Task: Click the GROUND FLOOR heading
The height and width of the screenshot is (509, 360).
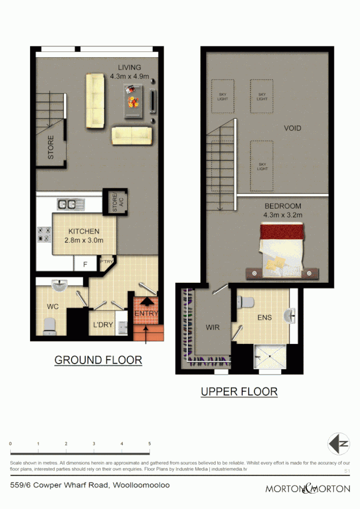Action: [98, 360]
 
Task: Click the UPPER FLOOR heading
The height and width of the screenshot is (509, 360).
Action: [239, 391]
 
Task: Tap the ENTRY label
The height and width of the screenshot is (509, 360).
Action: [145, 314]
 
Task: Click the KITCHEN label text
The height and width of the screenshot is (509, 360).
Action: [84, 231]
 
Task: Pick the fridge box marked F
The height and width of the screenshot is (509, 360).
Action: [85, 264]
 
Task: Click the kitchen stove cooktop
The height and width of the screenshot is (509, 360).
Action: [44, 234]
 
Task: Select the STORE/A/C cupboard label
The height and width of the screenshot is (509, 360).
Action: [115, 202]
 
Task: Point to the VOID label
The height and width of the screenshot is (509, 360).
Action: [292, 128]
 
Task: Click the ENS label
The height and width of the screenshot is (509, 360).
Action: [264, 318]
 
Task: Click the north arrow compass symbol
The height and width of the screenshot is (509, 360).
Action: [338, 443]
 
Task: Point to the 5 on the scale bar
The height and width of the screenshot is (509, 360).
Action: [149, 444]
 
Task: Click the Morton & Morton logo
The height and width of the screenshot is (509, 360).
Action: [308, 488]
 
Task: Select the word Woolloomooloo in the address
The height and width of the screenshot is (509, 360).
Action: [142, 485]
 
